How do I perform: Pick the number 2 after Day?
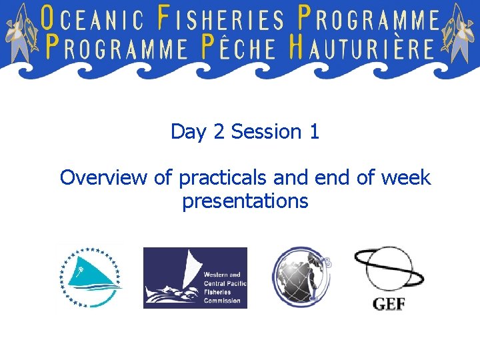pyautogui.click(x=219, y=132)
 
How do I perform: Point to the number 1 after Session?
pyautogui.click(x=314, y=132)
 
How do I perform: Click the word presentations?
pyautogui.click(x=245, y=201)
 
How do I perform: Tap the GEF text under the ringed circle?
pyautogui.click(x=388, y=305)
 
